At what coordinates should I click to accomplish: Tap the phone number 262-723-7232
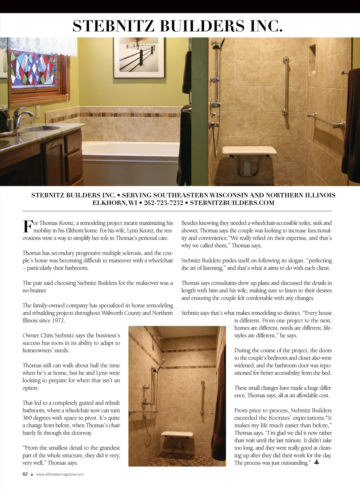[x=163, y=203]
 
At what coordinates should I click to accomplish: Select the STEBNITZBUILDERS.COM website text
[x=232, y=203]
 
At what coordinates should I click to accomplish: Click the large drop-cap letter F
[x=27, y=227]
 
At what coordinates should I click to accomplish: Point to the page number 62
[x=25, y=474]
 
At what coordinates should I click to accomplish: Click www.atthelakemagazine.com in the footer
[x=60, y=474]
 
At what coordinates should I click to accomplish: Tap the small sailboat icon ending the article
[x=316, y=462]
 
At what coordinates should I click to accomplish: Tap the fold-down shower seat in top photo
[x=249, y=151]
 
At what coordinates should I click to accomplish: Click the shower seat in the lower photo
[x=178, y=435]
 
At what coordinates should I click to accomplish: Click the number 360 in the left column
[x=27, y=418]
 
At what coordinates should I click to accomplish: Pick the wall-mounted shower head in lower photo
[x=160, y=340]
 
